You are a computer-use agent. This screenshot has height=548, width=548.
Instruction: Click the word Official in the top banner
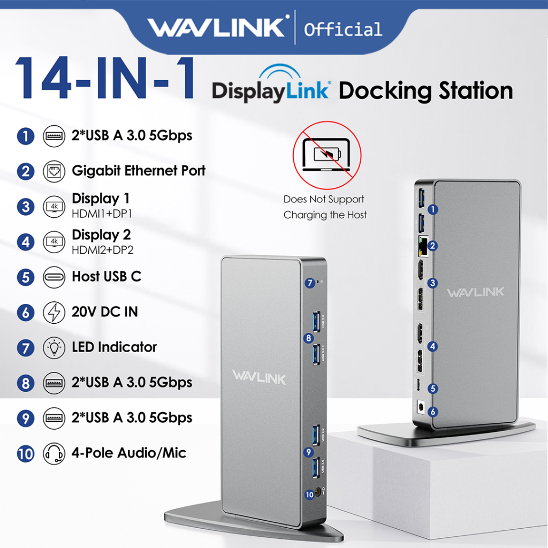pos(343,29)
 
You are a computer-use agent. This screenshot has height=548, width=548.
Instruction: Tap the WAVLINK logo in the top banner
pos(217,27)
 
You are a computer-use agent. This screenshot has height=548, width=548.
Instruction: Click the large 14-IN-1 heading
pos(104,78)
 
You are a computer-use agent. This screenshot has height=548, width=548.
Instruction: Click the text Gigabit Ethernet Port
pos(139,171)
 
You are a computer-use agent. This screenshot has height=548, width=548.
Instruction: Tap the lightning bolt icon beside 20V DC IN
pos(54,312)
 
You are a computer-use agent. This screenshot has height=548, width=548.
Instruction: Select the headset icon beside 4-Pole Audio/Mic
pos(54,453)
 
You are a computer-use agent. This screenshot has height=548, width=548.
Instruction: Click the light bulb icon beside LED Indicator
pos(54,347)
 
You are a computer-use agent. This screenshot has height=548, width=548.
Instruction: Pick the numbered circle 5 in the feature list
pos(25,277)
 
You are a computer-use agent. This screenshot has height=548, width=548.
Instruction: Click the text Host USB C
pos(106,277)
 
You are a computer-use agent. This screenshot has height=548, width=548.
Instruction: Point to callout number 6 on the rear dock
pos(433,412)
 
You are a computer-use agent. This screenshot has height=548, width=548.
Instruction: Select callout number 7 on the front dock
pos(310,283)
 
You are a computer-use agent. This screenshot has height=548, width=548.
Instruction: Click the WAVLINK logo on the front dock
pos(259,377)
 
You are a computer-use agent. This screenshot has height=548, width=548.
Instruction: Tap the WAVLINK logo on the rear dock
pos(475,292)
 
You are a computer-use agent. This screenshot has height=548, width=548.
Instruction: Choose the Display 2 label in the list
pos(101,234)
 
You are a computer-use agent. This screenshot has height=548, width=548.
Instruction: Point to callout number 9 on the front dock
pos(309,451)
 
